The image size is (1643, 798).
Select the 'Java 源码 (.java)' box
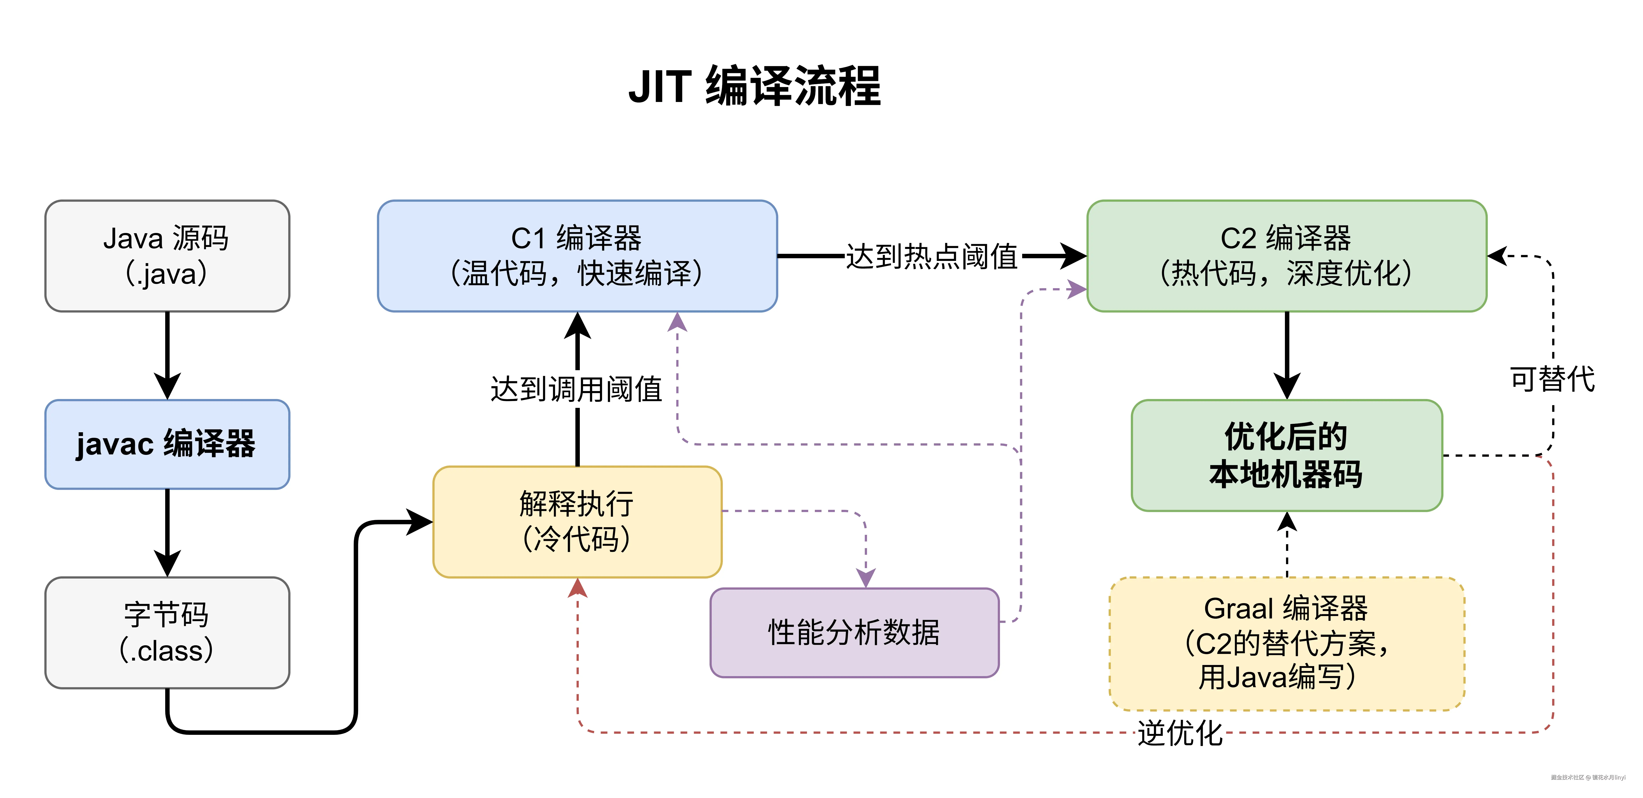167,256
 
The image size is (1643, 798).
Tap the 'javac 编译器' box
167,444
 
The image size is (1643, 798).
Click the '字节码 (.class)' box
167,632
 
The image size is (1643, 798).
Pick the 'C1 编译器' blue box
577,256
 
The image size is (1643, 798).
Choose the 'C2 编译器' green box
1286,256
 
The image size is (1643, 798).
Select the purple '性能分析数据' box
854,632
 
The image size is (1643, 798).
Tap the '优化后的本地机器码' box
1286,456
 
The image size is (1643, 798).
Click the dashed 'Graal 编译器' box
1286,643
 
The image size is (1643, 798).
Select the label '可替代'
1553,379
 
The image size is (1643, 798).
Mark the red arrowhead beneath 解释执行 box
577,588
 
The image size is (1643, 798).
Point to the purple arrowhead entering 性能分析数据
865,577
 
